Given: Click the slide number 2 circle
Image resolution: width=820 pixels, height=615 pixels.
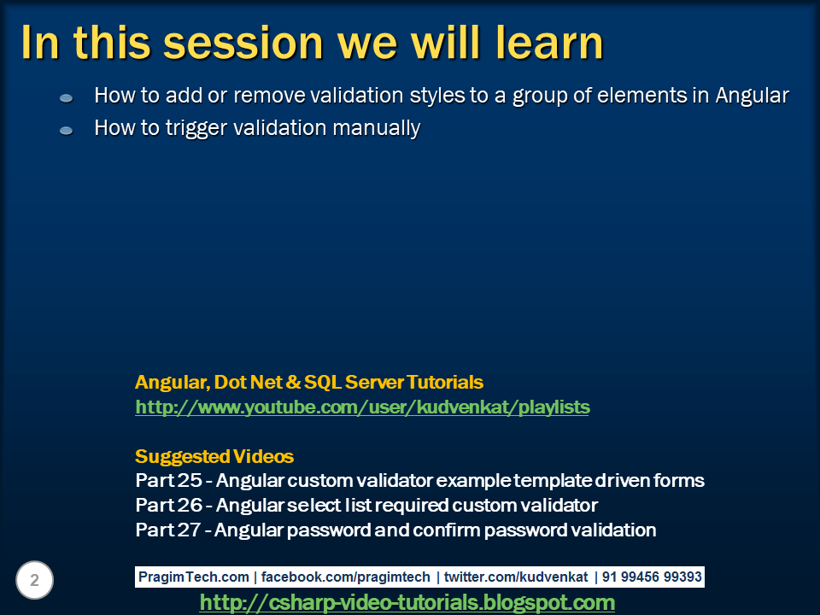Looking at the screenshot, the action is [34, 580].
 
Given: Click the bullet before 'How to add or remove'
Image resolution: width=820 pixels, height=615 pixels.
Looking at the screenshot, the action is [67, 98].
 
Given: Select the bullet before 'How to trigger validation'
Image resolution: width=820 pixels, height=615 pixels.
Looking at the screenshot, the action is [67, 131].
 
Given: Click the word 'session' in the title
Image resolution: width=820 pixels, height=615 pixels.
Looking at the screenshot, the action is [243, 44].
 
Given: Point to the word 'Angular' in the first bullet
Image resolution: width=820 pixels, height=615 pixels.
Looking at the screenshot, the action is [752, 97].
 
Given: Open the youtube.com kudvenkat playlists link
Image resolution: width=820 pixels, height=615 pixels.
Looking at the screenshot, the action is [362, 407].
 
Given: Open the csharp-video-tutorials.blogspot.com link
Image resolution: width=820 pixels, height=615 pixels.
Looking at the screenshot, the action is [407, 602].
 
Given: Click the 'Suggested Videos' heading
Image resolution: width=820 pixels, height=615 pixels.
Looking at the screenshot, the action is [214, 456].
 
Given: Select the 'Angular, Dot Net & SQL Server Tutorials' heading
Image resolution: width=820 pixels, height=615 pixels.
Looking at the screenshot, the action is [309, 383].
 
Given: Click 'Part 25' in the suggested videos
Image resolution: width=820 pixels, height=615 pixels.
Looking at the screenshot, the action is [168, 481].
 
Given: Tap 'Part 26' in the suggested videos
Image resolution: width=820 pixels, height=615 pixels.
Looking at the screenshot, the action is [168, 505].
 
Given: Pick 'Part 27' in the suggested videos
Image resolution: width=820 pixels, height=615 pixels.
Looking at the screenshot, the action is [168, 530].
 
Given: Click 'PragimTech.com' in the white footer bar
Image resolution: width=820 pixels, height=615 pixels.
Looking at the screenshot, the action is [194, 577].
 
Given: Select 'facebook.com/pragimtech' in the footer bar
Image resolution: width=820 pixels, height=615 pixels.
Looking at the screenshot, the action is [346, 577].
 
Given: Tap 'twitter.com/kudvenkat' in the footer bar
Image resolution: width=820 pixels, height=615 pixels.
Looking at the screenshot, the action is [516, 577].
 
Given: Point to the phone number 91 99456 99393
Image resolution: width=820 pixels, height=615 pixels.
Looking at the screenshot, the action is [652, 577].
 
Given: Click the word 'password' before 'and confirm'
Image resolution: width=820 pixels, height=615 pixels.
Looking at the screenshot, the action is [329, 530].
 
